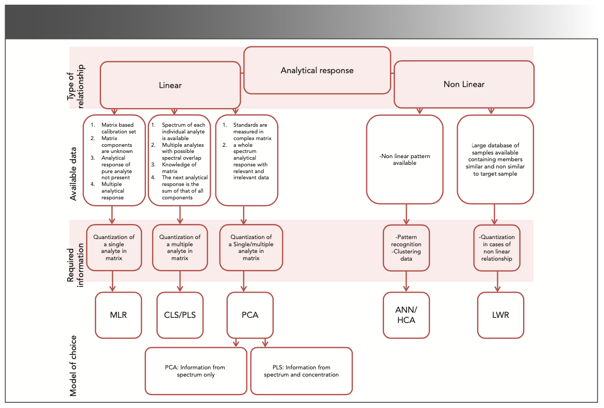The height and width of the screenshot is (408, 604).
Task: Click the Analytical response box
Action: tap(317, 71)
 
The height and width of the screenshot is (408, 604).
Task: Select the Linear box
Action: tap(170, 85)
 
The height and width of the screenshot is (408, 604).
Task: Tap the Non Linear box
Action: tap(464, 84)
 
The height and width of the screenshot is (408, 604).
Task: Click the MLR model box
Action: tap(119, 315)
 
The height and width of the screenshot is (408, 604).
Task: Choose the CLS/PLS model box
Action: tap(180, 315)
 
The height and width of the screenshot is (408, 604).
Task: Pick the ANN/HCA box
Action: tap(407, 315)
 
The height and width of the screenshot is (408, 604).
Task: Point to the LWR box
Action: tap(500, 315)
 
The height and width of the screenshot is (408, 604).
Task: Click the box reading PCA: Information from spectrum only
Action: tap(195, 371)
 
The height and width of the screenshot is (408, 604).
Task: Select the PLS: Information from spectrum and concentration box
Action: tap(301, 371)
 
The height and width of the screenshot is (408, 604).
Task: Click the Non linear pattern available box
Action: tap(405, 159)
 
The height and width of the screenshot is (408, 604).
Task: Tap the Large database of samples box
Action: tap(495, 159)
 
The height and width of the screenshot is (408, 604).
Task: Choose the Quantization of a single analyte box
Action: tap(114, 247)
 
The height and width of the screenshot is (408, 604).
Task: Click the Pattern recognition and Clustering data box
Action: tap(407, 248)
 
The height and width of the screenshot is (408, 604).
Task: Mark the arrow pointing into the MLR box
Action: tap(113, 287)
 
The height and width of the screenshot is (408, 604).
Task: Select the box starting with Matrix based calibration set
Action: tap(114, 160)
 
